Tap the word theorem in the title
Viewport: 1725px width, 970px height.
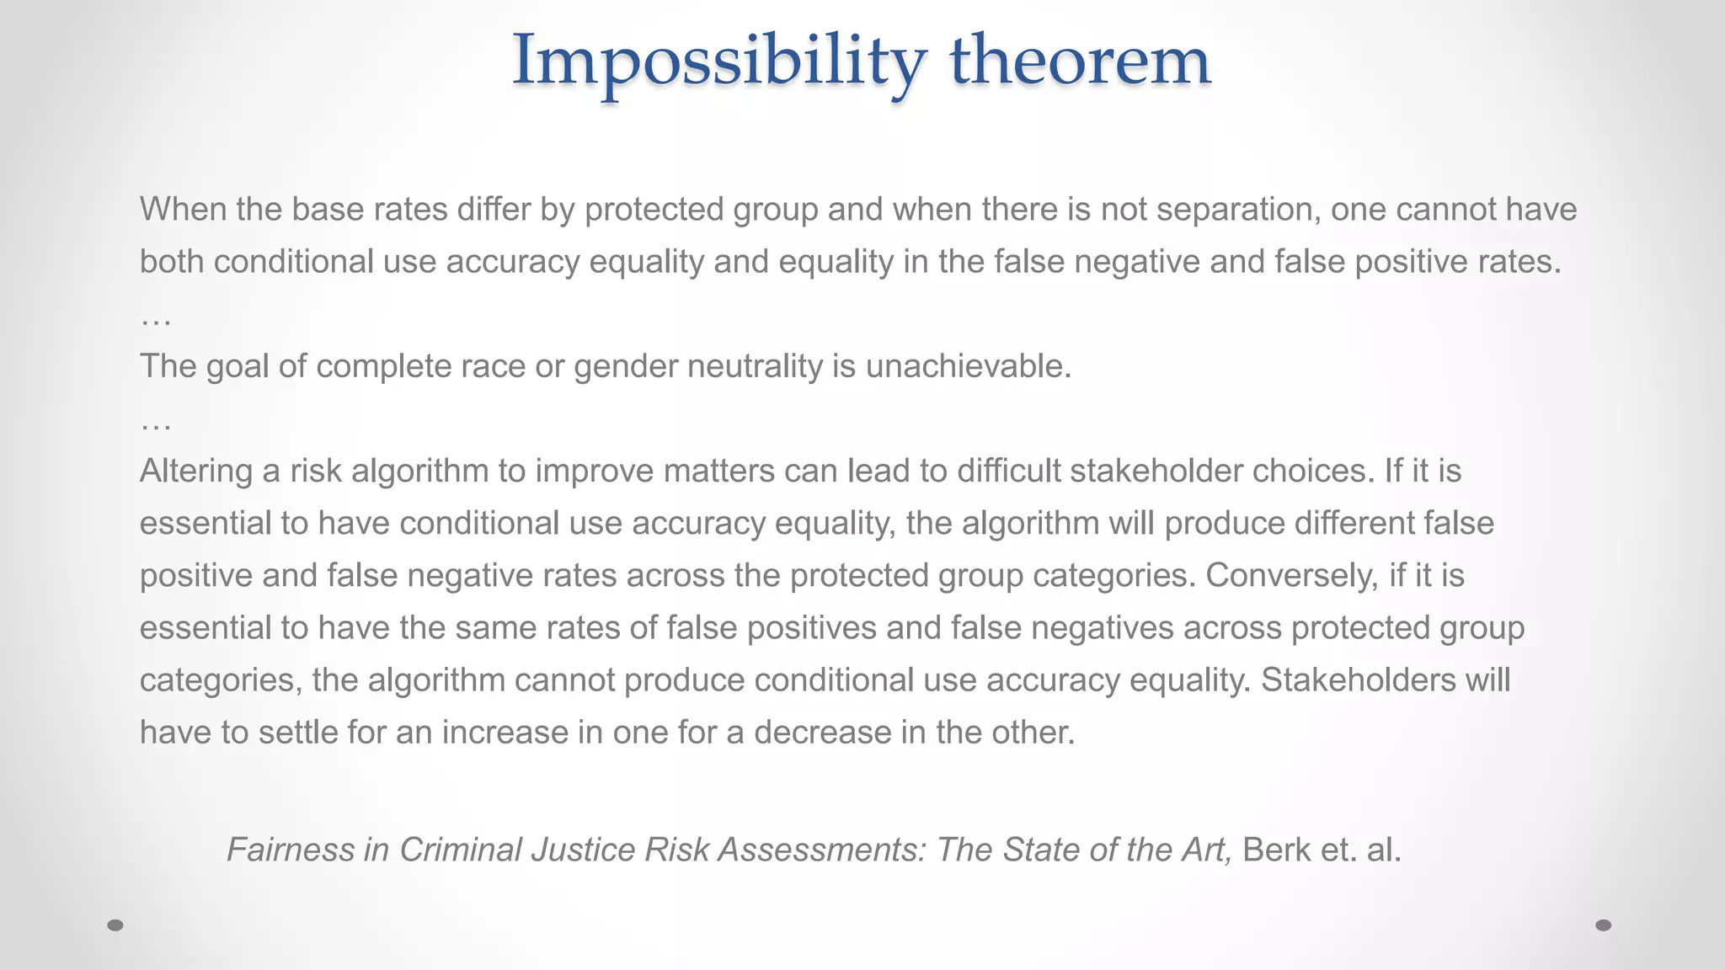(1080, 61)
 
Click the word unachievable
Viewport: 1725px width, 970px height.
(968, 366)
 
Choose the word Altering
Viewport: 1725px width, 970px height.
(195, 472)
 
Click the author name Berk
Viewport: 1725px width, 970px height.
(1276, 850)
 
